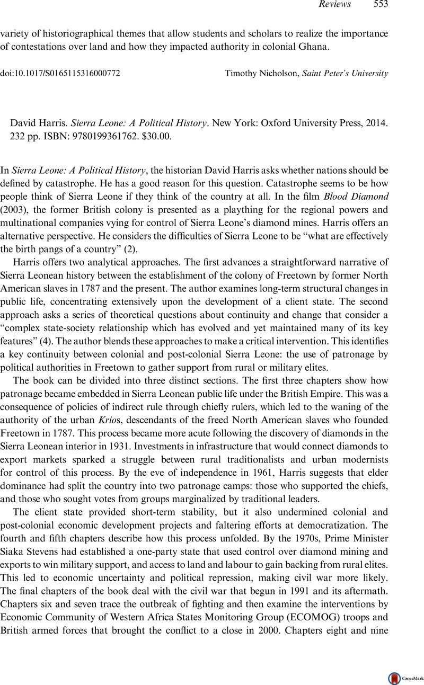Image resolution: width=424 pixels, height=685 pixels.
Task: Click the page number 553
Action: [x=381, y=5]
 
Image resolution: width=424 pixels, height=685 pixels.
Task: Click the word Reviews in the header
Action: [x=335, y=5]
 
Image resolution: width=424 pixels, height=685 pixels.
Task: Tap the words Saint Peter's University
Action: [x=345, y=73]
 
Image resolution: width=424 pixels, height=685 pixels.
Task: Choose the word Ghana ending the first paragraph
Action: [x=316, y=46]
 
